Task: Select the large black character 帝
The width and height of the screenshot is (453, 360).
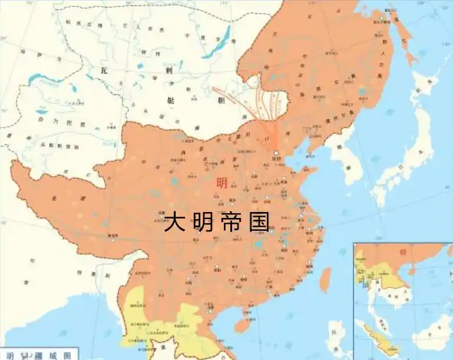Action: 231,223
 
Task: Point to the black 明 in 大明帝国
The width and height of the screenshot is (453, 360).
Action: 203,223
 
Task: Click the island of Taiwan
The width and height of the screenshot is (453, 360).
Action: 325,280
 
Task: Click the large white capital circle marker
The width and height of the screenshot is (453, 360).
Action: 277,154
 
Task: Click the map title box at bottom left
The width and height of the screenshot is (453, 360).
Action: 39,355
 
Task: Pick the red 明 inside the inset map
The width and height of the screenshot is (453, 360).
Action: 403,253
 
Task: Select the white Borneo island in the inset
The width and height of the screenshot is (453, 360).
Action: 432,338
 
